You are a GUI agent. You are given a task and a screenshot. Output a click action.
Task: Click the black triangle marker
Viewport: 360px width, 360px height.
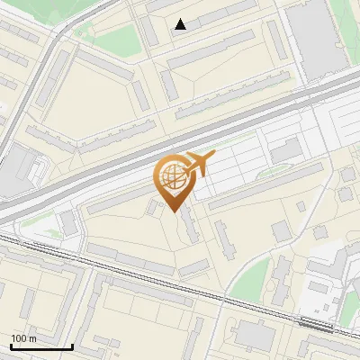(x=181, y=24)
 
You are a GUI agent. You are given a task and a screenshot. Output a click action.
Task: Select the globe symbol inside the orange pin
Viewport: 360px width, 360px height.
(x=170, y=176)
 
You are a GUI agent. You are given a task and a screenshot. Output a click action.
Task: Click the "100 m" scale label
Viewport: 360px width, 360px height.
(x=24, y=337)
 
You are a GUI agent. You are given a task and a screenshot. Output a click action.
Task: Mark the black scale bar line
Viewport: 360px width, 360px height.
(x=41, y=346)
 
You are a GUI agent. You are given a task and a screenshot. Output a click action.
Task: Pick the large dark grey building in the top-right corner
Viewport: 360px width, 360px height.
(x=317, y=40)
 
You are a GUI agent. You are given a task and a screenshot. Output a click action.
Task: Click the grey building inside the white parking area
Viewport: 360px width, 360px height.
(x=286, y=151)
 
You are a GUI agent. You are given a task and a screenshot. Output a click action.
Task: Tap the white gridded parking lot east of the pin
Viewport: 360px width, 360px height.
(x=243, y=166)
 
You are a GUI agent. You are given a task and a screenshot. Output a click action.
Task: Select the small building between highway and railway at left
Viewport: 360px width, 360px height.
(x=69, y=222)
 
